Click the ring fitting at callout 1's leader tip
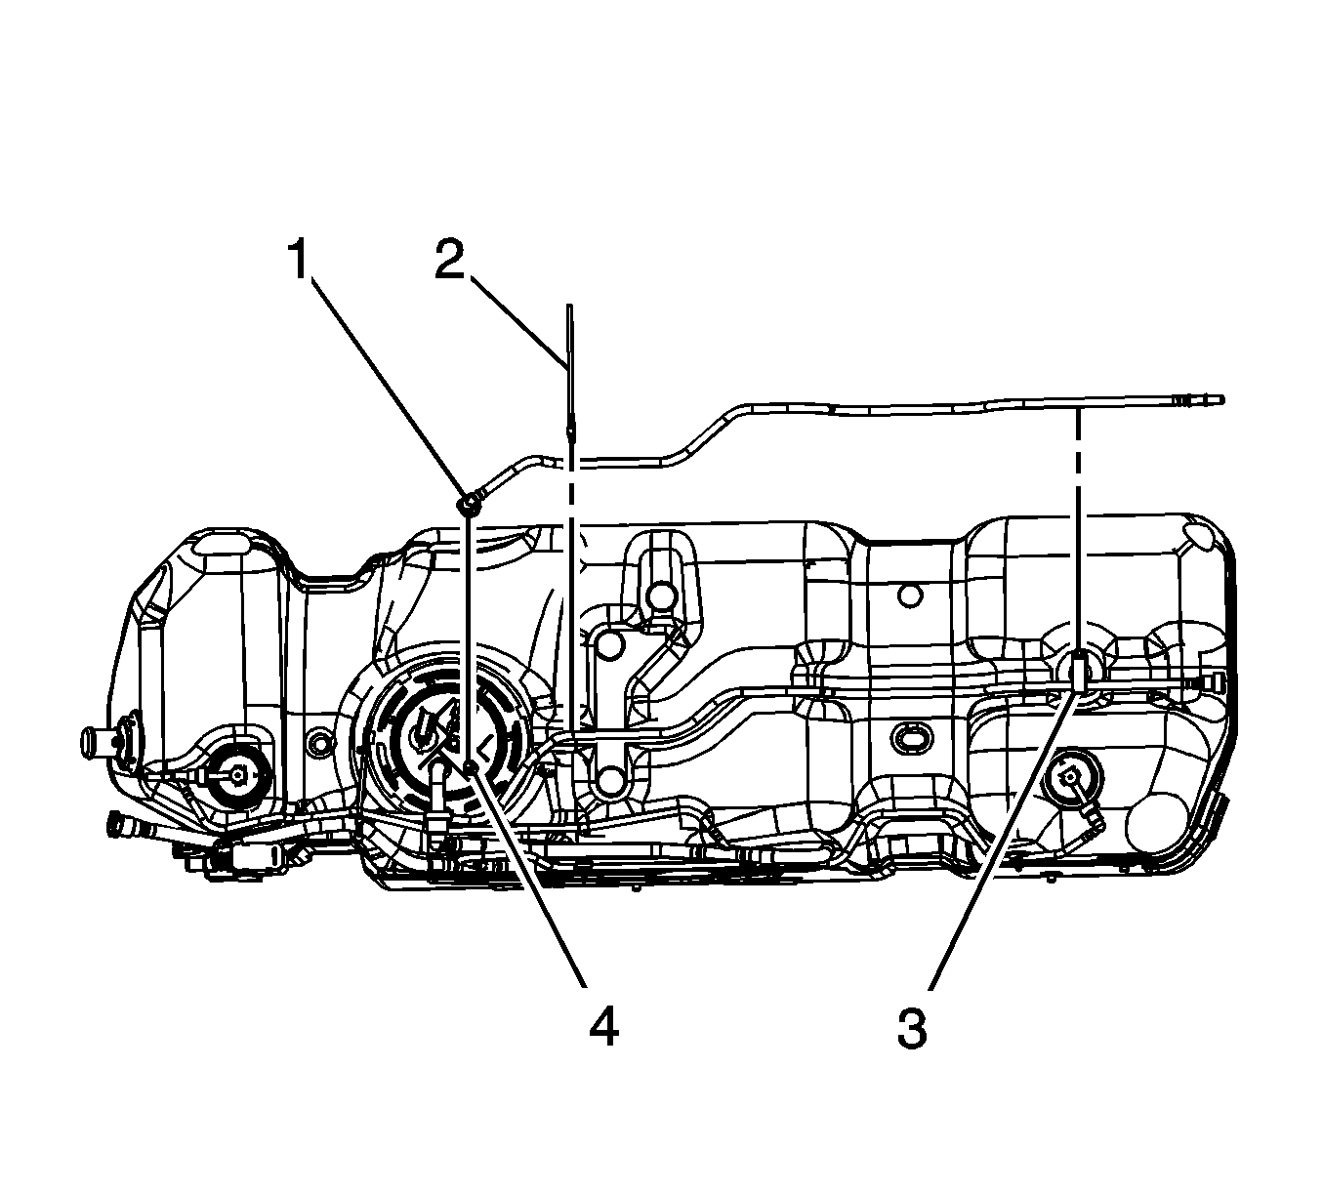click(470, 504)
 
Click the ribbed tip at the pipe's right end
click(1200, 399)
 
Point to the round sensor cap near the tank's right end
click(1068, 778)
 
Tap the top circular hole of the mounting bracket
click(661, 595)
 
